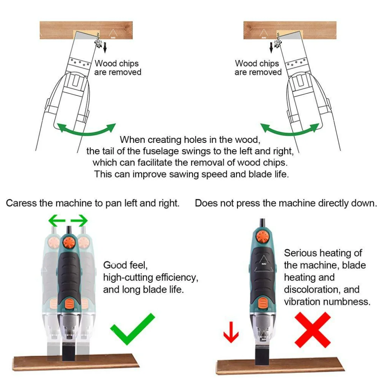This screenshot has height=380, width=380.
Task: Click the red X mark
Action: click(x=312, y=330)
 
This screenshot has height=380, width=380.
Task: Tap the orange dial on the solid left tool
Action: click(x=69, y=241)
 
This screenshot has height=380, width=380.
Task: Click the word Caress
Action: click(x=21, y=203)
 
